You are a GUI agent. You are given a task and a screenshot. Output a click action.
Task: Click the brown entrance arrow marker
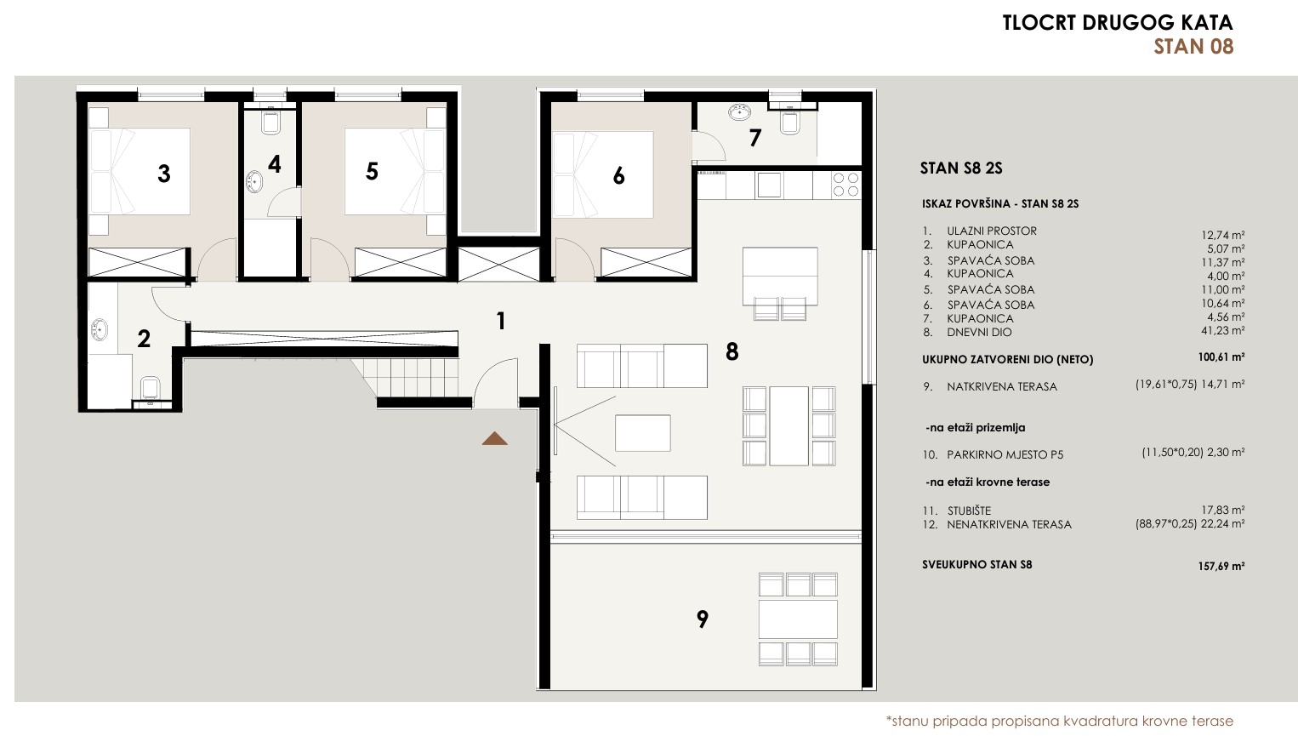tap(494, 439)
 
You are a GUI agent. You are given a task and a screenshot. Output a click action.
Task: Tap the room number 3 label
tap(164, 174)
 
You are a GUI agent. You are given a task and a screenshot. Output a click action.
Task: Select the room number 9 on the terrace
tap(703, 619)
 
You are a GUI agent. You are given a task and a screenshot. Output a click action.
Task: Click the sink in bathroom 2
tap(99, 330)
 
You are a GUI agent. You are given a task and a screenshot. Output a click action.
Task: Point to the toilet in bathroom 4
tap(270, 122)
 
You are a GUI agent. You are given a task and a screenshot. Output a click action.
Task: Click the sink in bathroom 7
tap(739, 112)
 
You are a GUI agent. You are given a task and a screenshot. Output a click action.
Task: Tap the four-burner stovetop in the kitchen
tap(845, 185)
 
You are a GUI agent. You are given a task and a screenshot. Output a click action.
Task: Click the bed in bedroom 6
tap(603, 174)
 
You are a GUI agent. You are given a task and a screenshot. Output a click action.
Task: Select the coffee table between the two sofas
tap(643, 433)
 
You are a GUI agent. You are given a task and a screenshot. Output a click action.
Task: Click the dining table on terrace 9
tap(798, 619)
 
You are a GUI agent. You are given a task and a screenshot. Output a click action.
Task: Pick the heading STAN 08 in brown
tap(1193, 46)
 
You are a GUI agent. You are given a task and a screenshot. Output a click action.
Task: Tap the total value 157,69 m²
tap(1221, 566)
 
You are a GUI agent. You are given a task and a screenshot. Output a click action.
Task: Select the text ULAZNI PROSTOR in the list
tap(992, 231)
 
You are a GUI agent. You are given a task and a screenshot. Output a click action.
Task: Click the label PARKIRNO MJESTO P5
tap(1005, 455)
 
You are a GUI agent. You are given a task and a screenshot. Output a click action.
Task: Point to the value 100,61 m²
tap(1221, 357)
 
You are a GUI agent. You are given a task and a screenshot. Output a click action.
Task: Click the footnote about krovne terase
tap(1060, 721)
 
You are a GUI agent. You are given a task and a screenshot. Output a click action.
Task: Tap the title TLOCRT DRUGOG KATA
tap(1118, 23)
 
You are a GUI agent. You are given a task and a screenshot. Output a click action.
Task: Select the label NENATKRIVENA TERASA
tap(1009, 524)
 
